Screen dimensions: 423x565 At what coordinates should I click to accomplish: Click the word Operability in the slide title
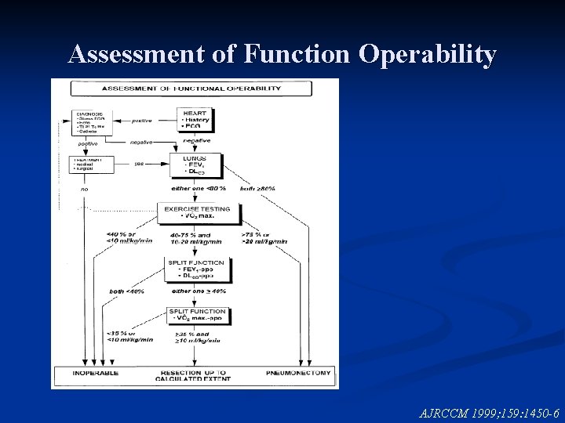tap(428, 55)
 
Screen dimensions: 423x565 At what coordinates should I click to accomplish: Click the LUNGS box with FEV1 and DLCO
tap(195, 166)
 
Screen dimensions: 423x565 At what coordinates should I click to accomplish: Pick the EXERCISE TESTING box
tap(199, 212)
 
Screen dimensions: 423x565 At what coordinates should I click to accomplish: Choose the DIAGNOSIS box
tap(92, 121)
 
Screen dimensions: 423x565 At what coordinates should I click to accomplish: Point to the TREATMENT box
tap(92, 164)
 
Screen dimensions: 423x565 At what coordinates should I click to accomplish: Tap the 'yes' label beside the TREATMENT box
tap(140, 164)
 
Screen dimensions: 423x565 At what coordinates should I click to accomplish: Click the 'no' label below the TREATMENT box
tap(85, 188)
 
